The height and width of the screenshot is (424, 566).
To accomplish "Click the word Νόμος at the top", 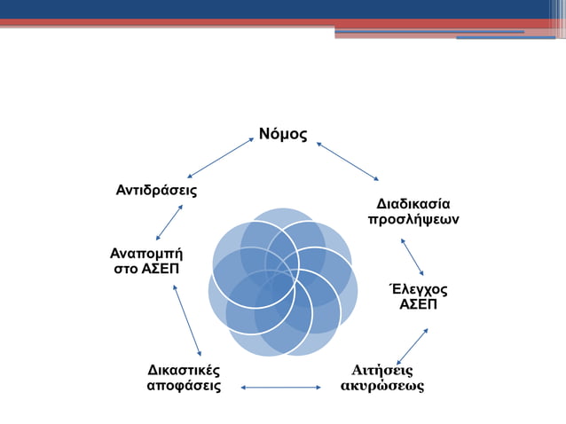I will pos(283,135).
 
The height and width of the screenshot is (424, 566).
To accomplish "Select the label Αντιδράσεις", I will pos(156,191).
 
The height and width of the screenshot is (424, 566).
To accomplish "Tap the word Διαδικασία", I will pos(413,203).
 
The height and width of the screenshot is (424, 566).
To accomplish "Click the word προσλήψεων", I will pos(413,219).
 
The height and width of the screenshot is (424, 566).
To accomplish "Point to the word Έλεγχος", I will pos(419,290).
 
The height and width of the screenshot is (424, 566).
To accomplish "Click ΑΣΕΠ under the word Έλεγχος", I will pos(419,305).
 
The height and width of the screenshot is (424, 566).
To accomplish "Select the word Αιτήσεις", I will pos(382,370).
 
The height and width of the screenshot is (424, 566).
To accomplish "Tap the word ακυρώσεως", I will pos(382,386).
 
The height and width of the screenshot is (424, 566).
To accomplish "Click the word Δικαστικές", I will pos(184,370).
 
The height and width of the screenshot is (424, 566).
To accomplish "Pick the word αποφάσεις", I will pos(184,386).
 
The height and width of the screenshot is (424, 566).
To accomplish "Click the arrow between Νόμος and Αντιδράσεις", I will pos(220,157).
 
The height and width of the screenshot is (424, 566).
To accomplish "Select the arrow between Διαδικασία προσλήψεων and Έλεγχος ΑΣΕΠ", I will pos(413,256).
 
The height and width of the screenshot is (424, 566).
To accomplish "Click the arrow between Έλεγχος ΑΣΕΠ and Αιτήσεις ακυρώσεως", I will pos(413,346).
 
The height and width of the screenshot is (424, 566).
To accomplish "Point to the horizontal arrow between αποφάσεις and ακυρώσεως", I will pos(280,387).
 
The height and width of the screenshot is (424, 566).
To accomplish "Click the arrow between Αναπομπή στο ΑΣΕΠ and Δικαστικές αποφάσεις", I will pos(187,320).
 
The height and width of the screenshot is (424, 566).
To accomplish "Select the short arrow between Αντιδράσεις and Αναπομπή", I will pos(169,222).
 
